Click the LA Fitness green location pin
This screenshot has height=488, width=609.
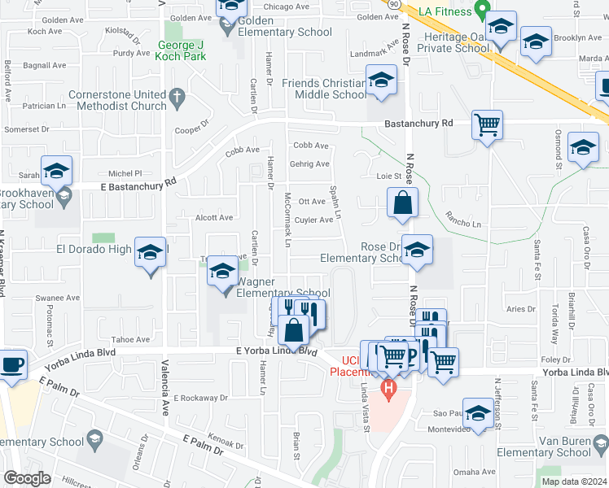coord(482,12)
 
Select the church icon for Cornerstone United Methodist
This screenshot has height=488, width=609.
coord(177,100)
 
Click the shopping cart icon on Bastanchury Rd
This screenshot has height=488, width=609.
coord(488,126)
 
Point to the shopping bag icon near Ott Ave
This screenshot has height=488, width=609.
coord(403,203)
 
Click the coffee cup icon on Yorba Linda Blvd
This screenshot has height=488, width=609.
coord(12,365)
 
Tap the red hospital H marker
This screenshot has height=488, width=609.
coord(389,391)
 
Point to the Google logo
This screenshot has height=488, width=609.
coord(27,478)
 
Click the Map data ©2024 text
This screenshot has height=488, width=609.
coord(573,481)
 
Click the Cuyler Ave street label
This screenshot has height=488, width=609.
coord(313,220)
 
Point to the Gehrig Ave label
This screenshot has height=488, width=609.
coord(309,164)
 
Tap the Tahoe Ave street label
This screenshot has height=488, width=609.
coord(131,340)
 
